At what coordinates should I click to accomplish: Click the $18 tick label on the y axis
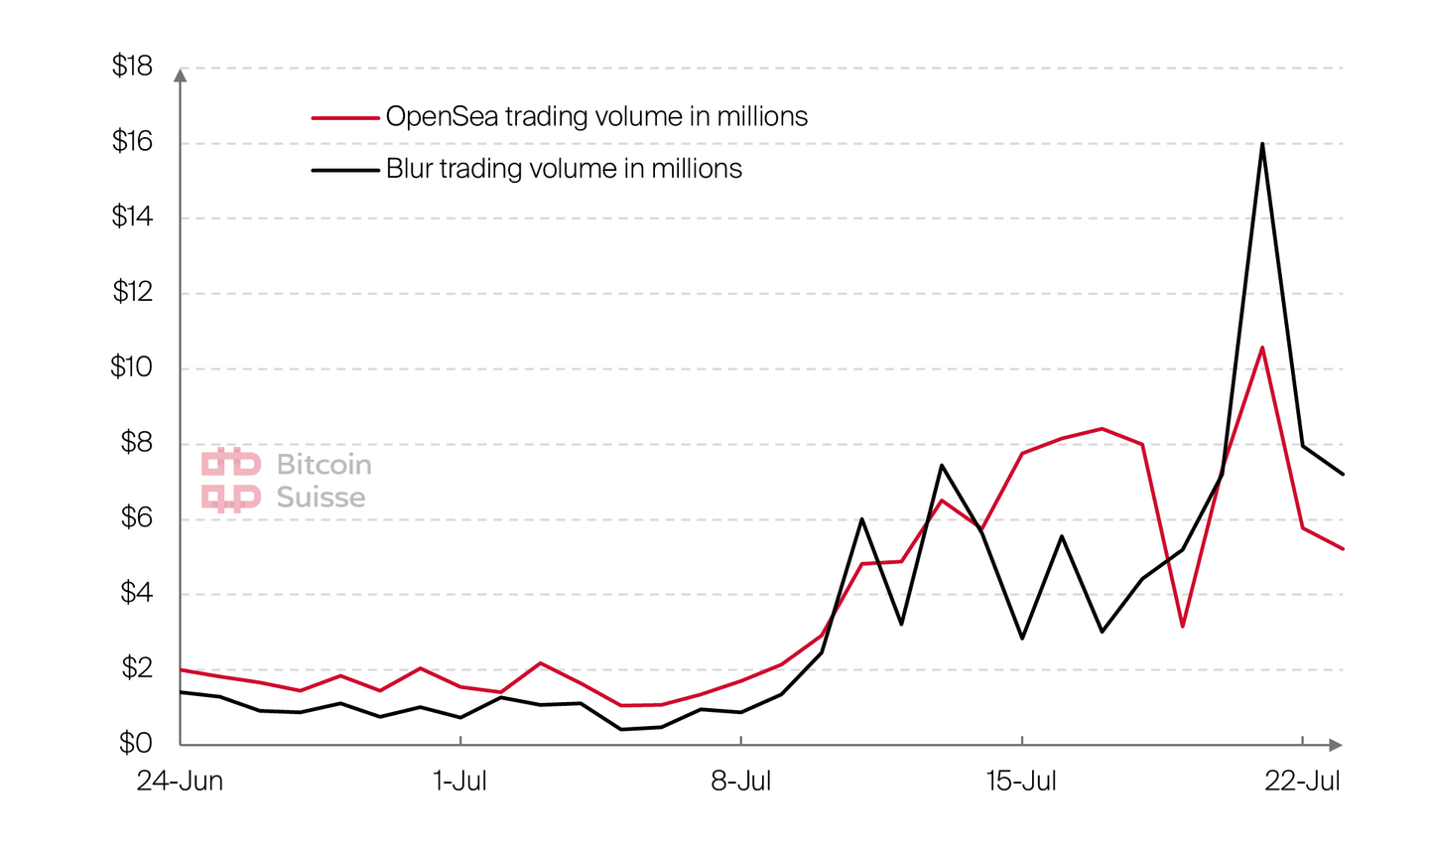tap(132, 67)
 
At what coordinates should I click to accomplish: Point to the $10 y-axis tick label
tap(132, 367)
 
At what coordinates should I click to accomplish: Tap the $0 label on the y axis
tap(135, 743)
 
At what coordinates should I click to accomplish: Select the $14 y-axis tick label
tap(132, 216)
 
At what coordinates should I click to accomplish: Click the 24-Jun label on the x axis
tap(180, 782)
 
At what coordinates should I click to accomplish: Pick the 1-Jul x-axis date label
tap(460, 782)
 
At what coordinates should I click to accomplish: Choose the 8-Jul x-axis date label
tap(741, 782)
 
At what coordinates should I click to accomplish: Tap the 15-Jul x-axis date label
tap(1021, 782)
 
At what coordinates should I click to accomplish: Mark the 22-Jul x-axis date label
tap(1302, 782)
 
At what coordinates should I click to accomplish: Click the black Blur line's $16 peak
tap(1262, 144)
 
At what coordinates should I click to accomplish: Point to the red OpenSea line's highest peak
tap(1262, 348)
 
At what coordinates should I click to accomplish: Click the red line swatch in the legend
tap(345, 118)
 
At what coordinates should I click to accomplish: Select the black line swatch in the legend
tap(345, 170)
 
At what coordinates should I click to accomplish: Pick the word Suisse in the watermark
tap(321, 498)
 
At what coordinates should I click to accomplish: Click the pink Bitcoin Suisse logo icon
tap(231, 480)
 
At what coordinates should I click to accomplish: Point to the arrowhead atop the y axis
tap(181, 74)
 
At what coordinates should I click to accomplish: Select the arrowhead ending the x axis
tap(1336, 745)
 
